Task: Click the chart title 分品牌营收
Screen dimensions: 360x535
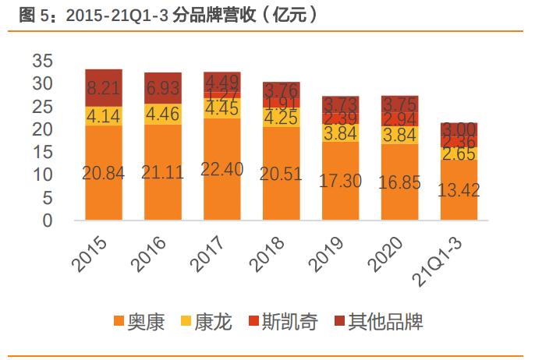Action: click(164, 15)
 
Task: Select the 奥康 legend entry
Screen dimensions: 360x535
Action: click(139, 322)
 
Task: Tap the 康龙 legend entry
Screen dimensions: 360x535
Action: click(207, 322)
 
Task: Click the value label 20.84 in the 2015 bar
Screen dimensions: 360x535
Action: click(103, 172)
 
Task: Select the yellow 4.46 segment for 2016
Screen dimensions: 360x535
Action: click(162, 115)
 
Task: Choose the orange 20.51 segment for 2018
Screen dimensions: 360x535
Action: click(282, 174)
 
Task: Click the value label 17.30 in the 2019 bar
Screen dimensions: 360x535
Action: click(341, 182)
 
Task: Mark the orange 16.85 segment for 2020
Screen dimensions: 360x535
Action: click(400, 182)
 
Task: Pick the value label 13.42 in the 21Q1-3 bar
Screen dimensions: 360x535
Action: click(459, 190)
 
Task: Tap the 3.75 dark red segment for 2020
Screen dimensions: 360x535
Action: click(400, 104)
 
